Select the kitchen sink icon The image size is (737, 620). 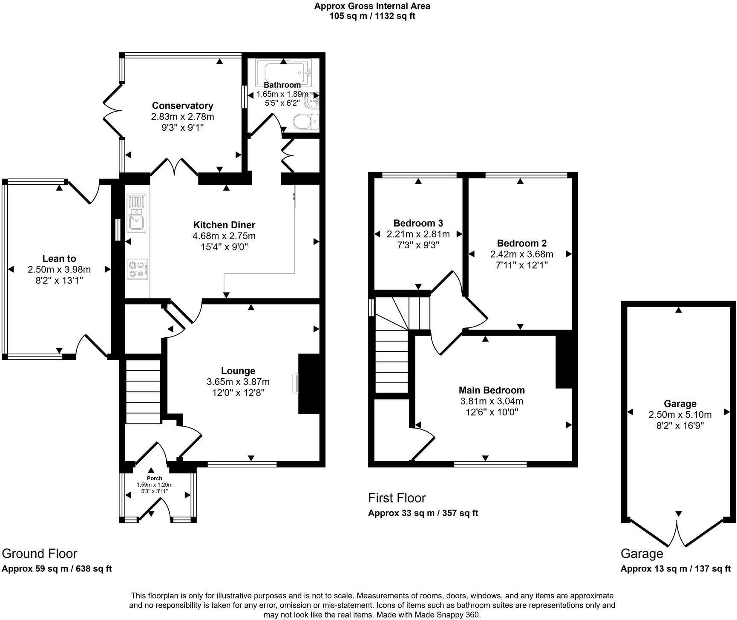click(x=137, y=213)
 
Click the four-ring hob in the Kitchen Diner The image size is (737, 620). click(x=137, y=269)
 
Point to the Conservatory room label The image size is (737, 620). click(x=182, y=106)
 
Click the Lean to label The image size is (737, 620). click(x=59, y=258)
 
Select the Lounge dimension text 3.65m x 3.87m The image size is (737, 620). click(x=238, y=382)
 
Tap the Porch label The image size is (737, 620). click(x=154, y=478)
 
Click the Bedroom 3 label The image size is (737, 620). click(x=418, y=223)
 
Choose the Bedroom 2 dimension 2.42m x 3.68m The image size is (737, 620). click(x=521, y=254)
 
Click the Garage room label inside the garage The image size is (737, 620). click(x=680, y=404)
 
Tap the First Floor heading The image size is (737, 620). click(x=397, y=498)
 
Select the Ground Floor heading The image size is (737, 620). click(x=40, y=554)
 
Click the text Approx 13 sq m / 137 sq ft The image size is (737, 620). click(x=675, y=569)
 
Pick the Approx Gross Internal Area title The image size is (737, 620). click(x=372, y=6)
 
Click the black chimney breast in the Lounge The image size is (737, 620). click(x=309, y=383)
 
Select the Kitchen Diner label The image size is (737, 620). click(x=224, y=225)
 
